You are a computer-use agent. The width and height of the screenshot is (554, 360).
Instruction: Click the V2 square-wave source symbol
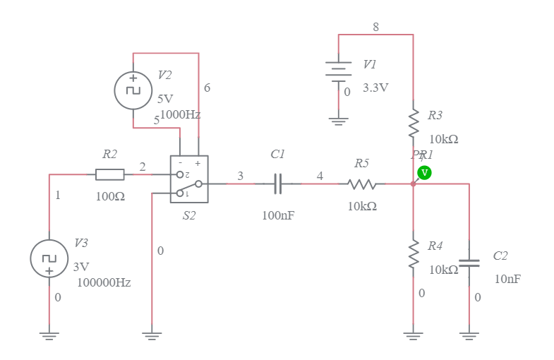click(133, 90)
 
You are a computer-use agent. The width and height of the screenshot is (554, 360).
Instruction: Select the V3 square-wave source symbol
click(49, 258)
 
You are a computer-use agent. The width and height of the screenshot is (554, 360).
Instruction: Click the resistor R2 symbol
click(109, 174)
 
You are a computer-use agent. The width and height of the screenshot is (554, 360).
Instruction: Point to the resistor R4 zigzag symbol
click(413, 256)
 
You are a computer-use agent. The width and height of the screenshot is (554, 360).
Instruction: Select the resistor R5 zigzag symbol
click(362, 184)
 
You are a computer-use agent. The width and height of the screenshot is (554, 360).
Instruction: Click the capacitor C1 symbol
click(278, 184)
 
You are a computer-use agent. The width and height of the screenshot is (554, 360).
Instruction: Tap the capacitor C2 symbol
click(469, 263)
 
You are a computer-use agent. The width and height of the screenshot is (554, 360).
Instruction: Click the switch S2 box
click(189, 179)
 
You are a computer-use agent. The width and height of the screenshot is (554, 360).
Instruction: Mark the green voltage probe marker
click(424, 172)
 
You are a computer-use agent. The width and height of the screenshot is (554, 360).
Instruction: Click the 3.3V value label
click(375, 88)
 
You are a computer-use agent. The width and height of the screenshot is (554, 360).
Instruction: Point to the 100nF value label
click(277, 215)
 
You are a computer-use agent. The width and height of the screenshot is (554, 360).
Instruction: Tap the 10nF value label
click(507, 279)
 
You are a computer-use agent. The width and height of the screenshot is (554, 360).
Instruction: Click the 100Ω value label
click(110, 197)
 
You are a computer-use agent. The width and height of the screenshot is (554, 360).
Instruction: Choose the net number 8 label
click(375, 27)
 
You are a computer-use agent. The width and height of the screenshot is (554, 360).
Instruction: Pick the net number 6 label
click(207, 88)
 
